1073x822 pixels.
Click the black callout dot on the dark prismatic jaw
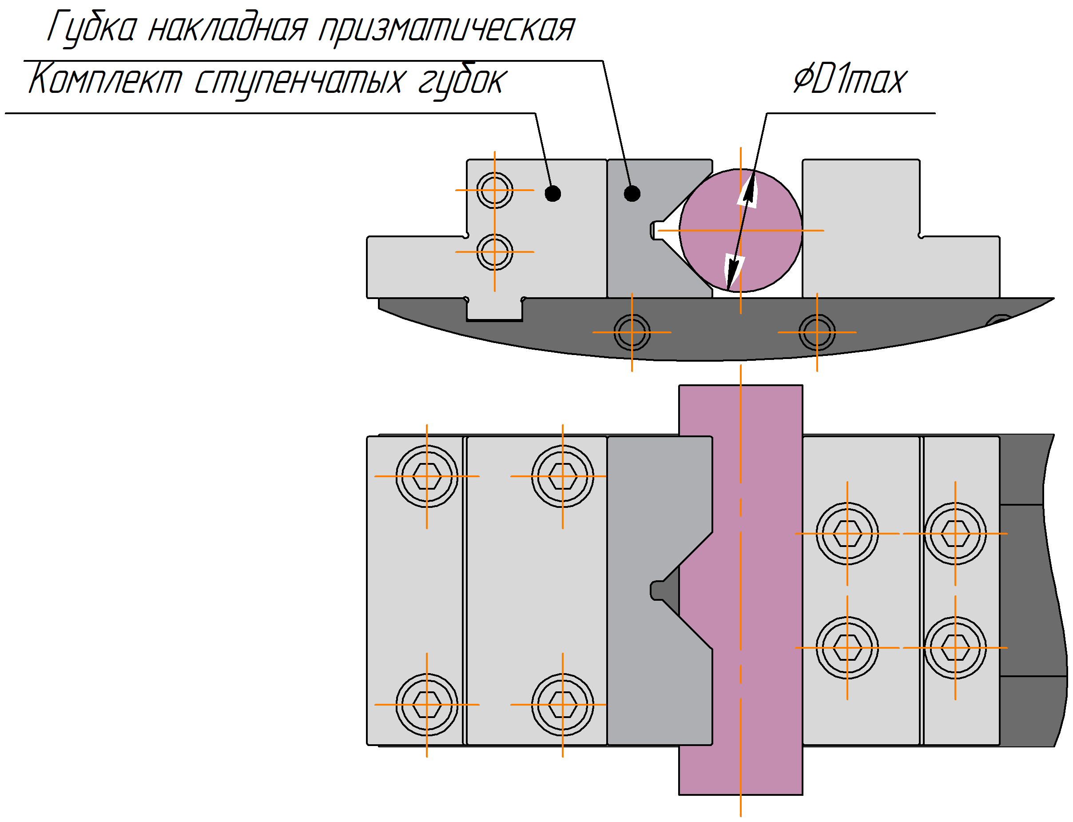[x=632, y=194]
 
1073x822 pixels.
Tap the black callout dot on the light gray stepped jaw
[x=552, y=194]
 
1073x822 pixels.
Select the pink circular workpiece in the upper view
[x=740, y=231]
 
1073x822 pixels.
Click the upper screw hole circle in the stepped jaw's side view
[x=494, y=190]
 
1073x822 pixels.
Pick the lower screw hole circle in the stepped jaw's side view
[x=494, y=252]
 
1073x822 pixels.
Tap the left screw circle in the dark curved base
[x=632, y=332]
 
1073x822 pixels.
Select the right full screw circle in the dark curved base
[x=817, y=332]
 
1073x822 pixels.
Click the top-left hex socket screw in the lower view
[x=426, y=476]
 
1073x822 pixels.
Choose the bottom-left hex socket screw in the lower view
[x=426, y=705]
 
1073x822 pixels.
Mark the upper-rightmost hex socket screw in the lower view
[x=955, y=533]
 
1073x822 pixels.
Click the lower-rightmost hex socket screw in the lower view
[x=955, y=648]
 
